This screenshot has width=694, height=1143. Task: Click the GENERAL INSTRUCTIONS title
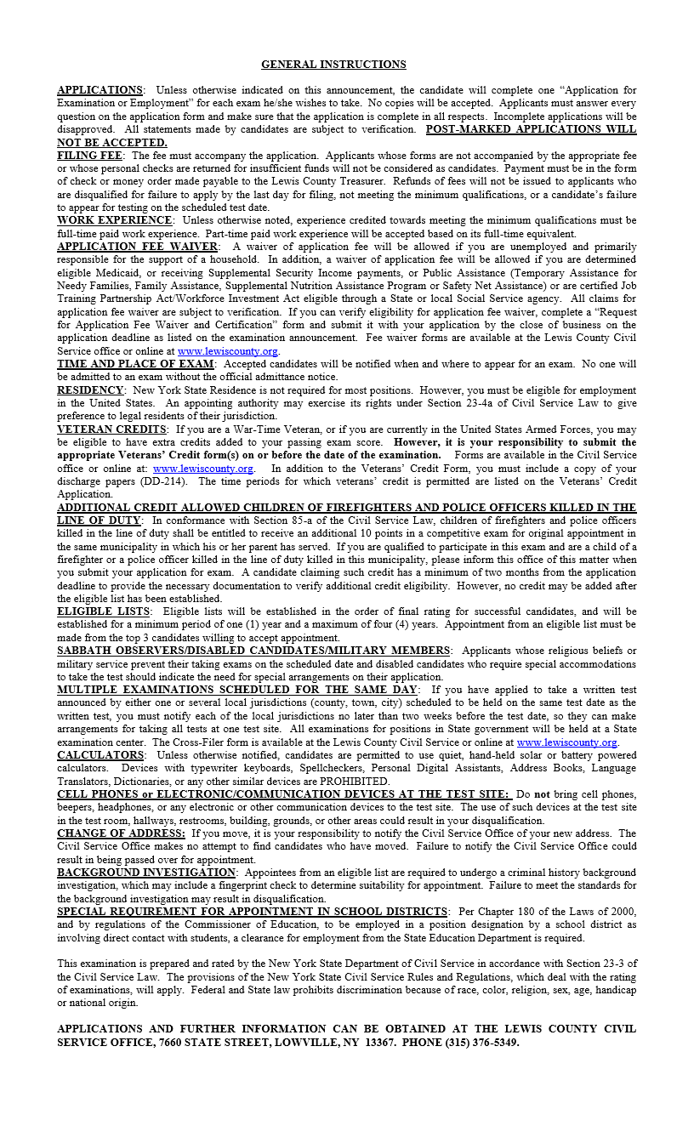point(333,65)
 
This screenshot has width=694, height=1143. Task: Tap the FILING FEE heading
point(89,156)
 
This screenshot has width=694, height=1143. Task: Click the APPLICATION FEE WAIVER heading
point(136,247)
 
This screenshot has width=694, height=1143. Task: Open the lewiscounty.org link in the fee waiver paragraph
point(228,351)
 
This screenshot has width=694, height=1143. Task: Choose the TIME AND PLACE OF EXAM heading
point(135,364)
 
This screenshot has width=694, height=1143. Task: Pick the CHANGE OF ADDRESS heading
point(121,833)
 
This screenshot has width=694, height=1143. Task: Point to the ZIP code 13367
point(378,1042)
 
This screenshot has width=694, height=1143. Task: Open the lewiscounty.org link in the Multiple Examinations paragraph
point(567,742)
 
